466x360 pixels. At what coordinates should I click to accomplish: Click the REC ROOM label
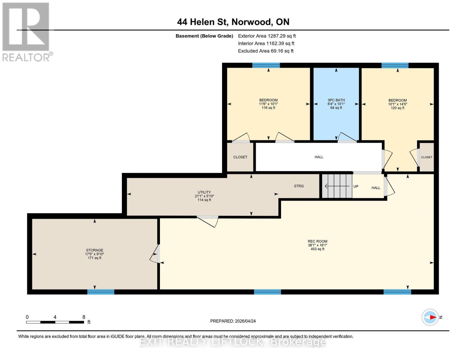(x=317, y=241)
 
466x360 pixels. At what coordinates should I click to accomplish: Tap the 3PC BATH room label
(x=336, y=100)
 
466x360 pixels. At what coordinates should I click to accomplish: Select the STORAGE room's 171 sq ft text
(x=95, y=258)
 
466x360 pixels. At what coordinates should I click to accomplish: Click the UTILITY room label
(x=204, y=192)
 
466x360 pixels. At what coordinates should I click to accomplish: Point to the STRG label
(x=299, y=186)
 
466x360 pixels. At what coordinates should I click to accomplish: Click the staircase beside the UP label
(x=337, y=186)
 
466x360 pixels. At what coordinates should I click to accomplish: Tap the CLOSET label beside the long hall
(x=240, y=157)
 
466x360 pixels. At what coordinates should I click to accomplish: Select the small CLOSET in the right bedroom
(x=426, y=157)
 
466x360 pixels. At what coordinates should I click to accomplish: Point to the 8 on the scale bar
(x=84, y=317)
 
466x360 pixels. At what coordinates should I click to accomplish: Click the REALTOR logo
(x=26, y=31)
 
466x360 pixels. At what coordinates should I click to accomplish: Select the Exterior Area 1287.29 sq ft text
(x=267, y=36)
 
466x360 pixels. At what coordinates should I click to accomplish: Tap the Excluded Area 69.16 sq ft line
(x=266, y=51)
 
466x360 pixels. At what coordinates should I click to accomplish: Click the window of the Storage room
(x=101, y=292)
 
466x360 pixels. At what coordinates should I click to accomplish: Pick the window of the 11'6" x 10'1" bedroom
(x=266, y=65)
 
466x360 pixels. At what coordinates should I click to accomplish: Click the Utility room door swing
(x=208, y=221)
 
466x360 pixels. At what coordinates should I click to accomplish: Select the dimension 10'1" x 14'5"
(x=397, y=104)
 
